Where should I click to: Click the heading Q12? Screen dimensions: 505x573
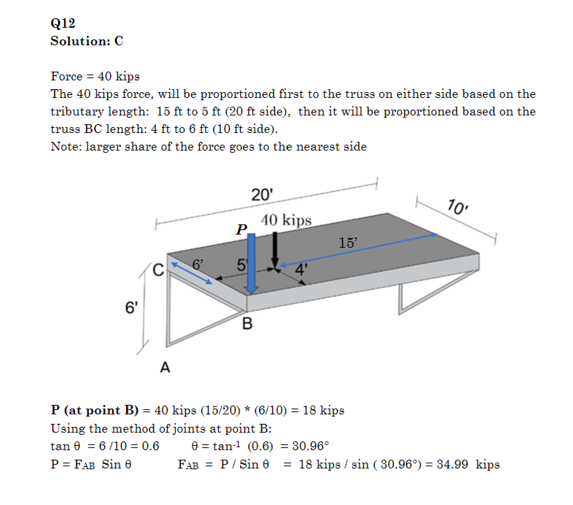click(x=63, y=23)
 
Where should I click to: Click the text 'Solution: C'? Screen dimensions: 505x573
click(x=87, y=41)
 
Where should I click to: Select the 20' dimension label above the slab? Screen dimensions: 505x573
click(x=262, y=195)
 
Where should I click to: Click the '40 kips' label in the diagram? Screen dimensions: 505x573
click(x=286, y=220)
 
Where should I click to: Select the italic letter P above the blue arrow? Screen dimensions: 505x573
click(x=241, y=229)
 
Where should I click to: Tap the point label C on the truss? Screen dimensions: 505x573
click(x=159, y=270)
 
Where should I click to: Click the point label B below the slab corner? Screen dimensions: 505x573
click(x=247, y=324)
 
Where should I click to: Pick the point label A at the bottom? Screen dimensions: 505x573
click(x=165, y=367)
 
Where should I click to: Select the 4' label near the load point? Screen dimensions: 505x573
click(x=300, y=270)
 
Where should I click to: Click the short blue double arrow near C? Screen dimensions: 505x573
click(x=191, y=273)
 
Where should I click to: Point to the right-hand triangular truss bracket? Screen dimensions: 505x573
click(x=431, y=292)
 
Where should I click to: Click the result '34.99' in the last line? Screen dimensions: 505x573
click(x=452, y=464)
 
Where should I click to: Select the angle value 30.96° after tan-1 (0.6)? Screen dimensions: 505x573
click(x=310, y=446)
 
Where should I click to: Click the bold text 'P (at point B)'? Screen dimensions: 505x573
click(x=95, y=410)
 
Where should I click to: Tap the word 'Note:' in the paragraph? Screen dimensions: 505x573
click(x=66, y=147)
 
